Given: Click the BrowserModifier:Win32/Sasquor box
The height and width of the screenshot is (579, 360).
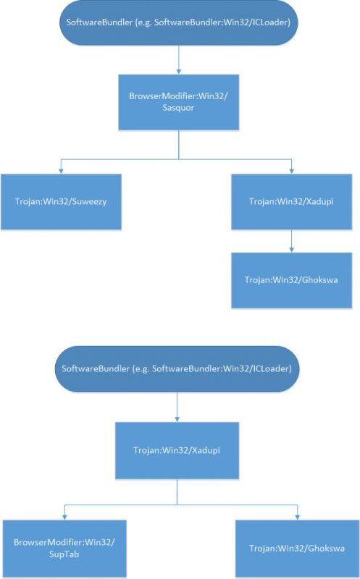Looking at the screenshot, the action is (x=178, y=102).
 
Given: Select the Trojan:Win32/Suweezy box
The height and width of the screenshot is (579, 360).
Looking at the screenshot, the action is (x=61, y=202).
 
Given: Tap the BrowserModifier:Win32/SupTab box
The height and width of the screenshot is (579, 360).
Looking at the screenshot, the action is (x=64, y=549).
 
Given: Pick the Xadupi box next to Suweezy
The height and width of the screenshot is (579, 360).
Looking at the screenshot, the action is (x=292, y=202).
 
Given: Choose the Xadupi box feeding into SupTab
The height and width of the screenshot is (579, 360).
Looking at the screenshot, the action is (x=177, y=450).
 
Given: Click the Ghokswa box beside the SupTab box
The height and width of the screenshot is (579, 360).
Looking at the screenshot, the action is (x=297, y=549).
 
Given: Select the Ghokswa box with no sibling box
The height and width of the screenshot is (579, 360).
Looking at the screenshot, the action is (x=292, y=280).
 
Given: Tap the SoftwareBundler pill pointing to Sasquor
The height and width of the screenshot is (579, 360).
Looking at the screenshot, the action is (x=178, y=22).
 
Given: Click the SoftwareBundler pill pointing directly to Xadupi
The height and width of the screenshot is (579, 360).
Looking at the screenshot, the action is (x=177, y=368).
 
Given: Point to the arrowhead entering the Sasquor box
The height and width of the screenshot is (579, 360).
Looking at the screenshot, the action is (x=178, y=72).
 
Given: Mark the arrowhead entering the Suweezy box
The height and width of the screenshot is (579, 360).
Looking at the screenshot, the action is (x=61, y=171).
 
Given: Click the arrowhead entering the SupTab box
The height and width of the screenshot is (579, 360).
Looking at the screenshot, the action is (x=64, y=517).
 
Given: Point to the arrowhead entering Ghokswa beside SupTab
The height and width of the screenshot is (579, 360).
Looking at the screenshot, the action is (x=297, y=517).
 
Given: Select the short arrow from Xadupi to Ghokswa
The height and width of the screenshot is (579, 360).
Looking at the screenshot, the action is (x=292, y=241).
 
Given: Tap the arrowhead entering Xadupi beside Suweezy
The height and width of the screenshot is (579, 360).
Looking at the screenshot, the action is (x=292, y=171).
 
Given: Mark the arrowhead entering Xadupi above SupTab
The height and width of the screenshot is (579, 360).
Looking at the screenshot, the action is (x=177, y=419).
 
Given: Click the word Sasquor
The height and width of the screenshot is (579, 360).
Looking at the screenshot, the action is (x=178, y=108).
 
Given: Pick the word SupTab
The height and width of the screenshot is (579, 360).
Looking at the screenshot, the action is (x=64, y=554).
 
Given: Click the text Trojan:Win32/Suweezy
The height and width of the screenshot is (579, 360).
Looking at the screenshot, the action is (x=61, y=202).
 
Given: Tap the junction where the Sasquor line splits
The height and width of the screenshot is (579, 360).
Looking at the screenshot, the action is (x=178, y=159).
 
